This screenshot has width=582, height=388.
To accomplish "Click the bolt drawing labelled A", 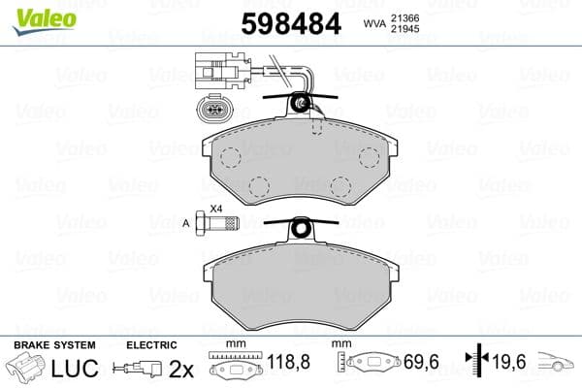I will point(215,226).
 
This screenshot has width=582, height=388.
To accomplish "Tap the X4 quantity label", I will point(216,208).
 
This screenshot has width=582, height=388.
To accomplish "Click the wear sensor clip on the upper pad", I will point(304,104).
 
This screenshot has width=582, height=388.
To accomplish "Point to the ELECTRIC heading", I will point(153,344).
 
